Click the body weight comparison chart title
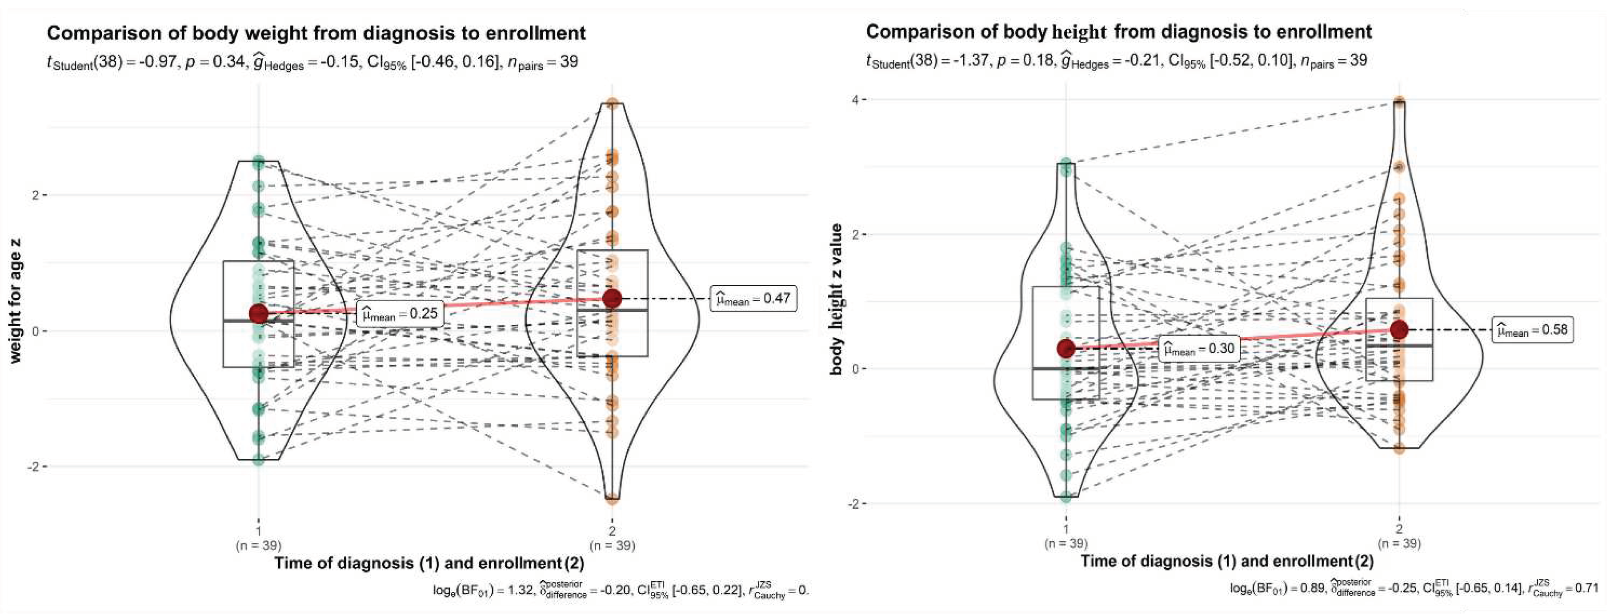point(316,32)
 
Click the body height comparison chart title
point(1119,32)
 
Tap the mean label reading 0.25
point(400,313)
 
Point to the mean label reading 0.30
point(1199,348)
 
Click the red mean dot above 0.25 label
point(259,313)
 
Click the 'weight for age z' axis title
point(15,300)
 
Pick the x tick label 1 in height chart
point(1066,529)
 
